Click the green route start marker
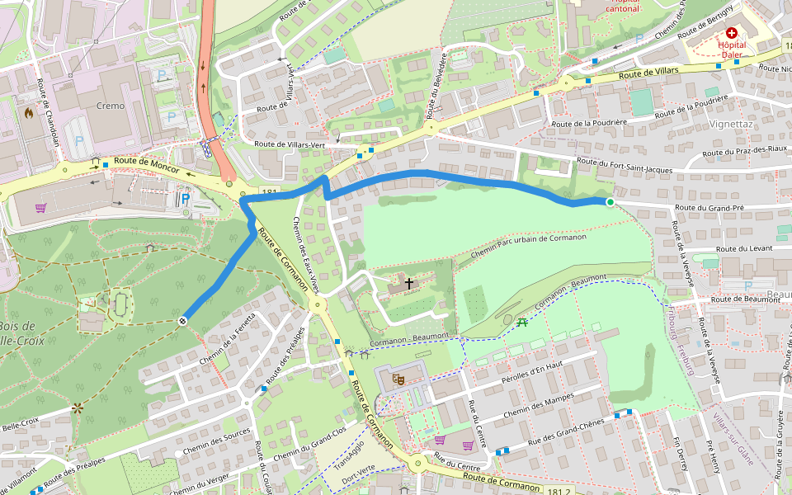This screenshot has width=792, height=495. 610,202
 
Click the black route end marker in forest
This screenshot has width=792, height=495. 181,321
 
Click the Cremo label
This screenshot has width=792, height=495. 111,106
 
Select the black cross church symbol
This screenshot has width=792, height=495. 409,283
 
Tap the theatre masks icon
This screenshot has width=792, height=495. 398,378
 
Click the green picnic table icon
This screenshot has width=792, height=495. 522,322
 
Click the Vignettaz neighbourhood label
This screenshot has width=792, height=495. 730,124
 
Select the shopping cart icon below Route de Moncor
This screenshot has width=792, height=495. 40,208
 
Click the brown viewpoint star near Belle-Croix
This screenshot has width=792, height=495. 78,408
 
